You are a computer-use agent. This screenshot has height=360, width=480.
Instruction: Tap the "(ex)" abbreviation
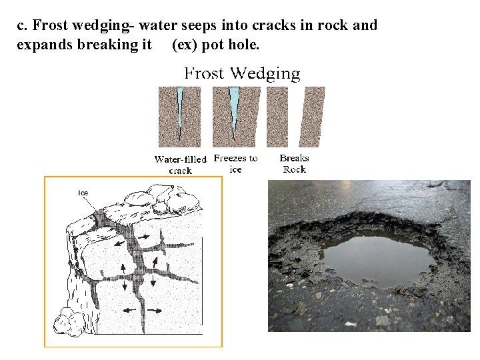(x=184, y=45)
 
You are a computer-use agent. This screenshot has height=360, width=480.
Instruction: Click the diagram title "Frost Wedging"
(x=242, y=73)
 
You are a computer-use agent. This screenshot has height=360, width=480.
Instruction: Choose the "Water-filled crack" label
(x=180, y=165)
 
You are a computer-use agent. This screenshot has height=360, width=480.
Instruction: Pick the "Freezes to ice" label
(x=235, y=163)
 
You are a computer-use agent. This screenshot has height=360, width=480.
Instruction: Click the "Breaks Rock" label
(x=294, y=163)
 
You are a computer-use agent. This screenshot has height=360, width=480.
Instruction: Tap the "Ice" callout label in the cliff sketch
(x=83, y=193)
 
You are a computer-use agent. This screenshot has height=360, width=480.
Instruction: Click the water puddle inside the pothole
(x=377, y=257)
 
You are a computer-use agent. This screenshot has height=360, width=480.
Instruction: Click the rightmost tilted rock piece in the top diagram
(x=311, y=117)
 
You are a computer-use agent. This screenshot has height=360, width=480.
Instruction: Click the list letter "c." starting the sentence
(x=23, y=26)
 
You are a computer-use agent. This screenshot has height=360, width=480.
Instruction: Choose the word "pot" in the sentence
(x=216, y=45)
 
